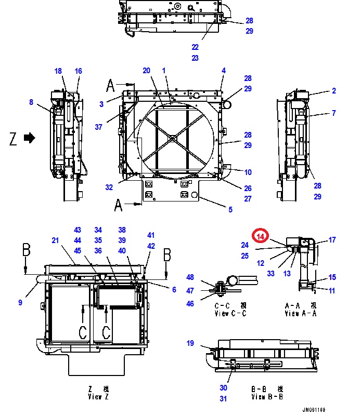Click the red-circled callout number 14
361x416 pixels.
click(x=261, y=236)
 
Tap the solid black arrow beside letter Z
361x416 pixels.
click(x=30, y=138)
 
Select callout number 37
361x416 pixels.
click(x=98, y=127)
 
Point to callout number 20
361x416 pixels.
click(x=146, y=71)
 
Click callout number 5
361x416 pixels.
click(x=230, y=210)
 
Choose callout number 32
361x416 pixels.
click(x=109, y=187)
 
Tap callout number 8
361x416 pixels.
click(x=31, y=102)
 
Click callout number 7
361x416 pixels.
click(x=334, y=113)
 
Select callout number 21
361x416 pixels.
click(x=55, y=240)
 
